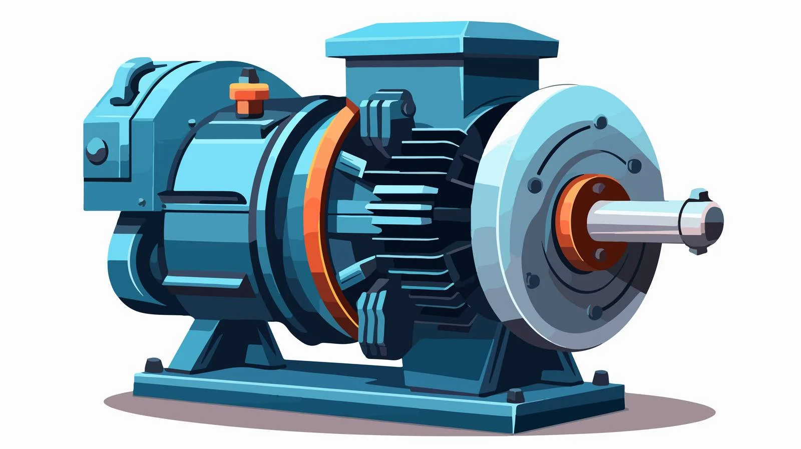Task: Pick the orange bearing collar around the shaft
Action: [x=576, y=220]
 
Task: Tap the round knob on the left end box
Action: [x=96, y=149]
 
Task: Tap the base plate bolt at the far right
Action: [x=598, y=376]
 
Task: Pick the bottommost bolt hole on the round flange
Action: [x=595, y=312]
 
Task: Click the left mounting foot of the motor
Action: [x=220, y=340]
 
